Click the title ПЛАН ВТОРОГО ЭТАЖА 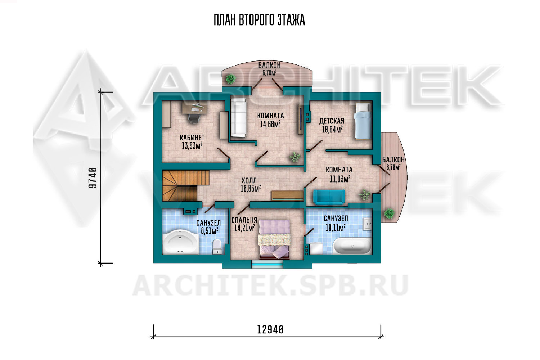coord(259,20)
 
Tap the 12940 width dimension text coord(270,330)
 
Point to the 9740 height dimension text coord(93,178)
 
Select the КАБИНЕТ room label coord(192,138)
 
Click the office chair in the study coord(194,118)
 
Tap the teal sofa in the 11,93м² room coord(329,197)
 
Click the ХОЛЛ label coord(249,180)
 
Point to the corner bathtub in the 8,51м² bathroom coord(180,242)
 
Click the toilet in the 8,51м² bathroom coord(217,247)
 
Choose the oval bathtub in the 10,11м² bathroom coord(352,246)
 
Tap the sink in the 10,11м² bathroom coord(367,224)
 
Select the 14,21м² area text coord(244,228)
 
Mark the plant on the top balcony coord(230,78)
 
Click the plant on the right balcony coord(389,213)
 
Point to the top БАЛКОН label coord(270,65)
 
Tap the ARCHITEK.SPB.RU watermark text coord(270,286)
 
